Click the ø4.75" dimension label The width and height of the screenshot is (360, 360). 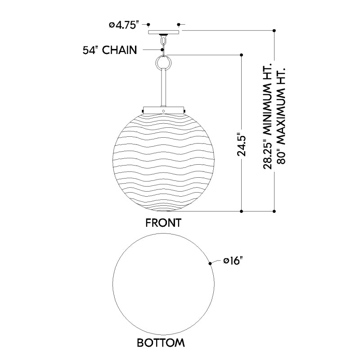124,25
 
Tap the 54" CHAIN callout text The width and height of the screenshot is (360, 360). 110,50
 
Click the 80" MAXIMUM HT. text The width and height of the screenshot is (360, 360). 281,116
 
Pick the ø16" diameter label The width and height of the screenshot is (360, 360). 233,261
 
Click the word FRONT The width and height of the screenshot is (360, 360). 163,223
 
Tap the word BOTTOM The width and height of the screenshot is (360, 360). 161,343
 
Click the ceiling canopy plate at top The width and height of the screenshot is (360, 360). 163,32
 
